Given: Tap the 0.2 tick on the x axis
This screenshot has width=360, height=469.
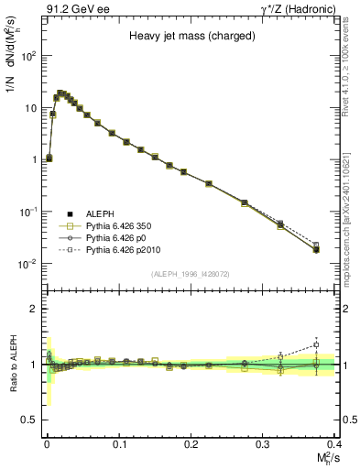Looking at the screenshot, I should coord(191,444).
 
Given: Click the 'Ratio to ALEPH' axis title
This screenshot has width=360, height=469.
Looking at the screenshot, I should coord(12,364).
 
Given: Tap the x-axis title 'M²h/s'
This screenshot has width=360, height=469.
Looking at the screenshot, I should coord(325,458).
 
